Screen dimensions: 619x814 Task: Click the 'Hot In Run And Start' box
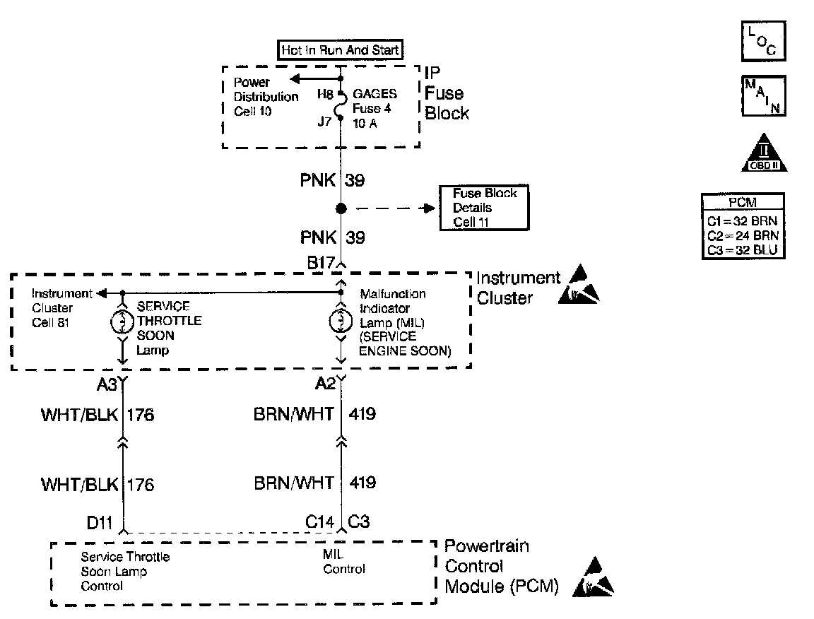tap(341, 50)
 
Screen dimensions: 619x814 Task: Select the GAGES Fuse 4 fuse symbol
tap(341, 107)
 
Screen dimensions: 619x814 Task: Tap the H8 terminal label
tap(325, 94)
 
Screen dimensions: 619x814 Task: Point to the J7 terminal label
tap(325, 120)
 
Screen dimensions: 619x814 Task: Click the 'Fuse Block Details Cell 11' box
tap(485, 208)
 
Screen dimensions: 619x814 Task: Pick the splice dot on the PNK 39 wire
tap(341, 208)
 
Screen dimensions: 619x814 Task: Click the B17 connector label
tap(321, 263)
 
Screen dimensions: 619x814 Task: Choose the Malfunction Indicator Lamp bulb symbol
tap(341, 322)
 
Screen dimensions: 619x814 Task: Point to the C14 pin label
tap(320, 522)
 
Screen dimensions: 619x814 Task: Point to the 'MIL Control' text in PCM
tap(344, 562)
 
